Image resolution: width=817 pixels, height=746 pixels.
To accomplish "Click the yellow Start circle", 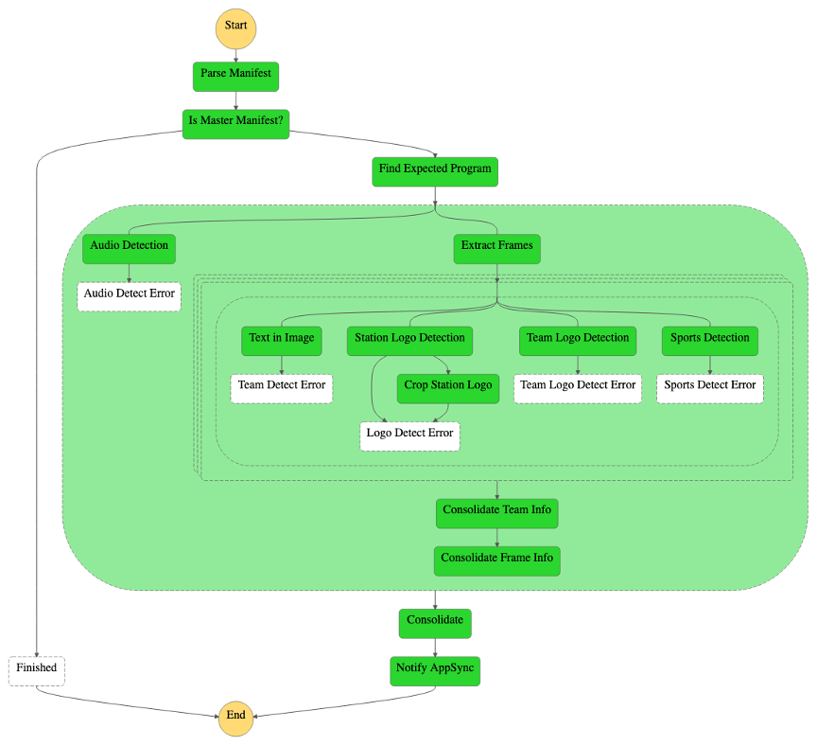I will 235,27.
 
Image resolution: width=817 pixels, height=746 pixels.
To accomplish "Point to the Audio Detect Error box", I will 129,295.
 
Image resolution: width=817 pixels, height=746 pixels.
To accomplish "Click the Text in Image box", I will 281,340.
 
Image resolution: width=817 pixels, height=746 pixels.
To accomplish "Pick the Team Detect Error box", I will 281,387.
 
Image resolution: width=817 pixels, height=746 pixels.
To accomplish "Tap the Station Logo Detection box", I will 409,340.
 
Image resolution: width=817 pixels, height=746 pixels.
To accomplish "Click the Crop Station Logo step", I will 447,387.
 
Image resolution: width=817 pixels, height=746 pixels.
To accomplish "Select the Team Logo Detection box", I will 578,340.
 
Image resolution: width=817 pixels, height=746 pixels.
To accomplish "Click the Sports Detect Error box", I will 709,387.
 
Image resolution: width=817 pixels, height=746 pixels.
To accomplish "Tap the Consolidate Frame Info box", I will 496,559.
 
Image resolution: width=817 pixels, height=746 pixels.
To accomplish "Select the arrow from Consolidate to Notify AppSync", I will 435,647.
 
